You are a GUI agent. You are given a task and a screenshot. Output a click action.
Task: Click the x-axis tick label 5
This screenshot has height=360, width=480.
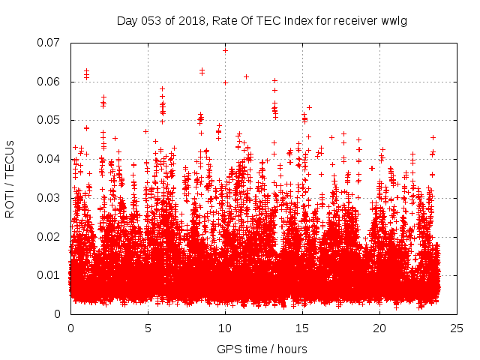(x=148, y=328)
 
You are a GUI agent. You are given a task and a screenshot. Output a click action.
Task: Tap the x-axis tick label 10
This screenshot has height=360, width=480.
(x=225, y=328)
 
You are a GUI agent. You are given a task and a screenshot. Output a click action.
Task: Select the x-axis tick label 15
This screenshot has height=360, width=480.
(x=302, y=328)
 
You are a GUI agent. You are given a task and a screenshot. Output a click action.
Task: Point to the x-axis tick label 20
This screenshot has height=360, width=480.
(x=379, y=328)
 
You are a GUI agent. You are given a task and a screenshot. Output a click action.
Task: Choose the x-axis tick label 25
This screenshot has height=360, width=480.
(x=457, y=328)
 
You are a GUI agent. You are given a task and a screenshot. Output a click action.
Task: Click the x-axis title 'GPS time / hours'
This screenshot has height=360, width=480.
(x=263, y=349)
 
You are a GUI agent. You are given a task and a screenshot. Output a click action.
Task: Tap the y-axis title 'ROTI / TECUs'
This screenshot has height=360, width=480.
(x=10, y=178)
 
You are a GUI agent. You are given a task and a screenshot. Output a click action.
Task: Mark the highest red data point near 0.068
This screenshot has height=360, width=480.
(x=225, y=50)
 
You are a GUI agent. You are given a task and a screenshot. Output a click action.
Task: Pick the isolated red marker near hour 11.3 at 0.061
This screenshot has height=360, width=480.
(x=246, y=76)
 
